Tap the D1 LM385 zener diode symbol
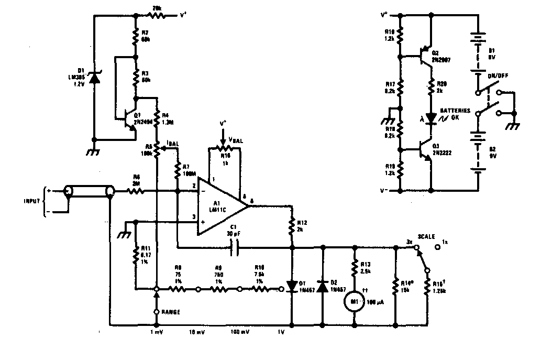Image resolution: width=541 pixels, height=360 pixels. (94, 78)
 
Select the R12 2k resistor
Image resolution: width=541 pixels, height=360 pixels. (292, 226)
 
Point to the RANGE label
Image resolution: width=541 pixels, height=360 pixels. (171, 312)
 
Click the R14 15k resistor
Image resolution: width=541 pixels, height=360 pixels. (395, 288)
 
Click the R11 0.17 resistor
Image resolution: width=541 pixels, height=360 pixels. (135, 256)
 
